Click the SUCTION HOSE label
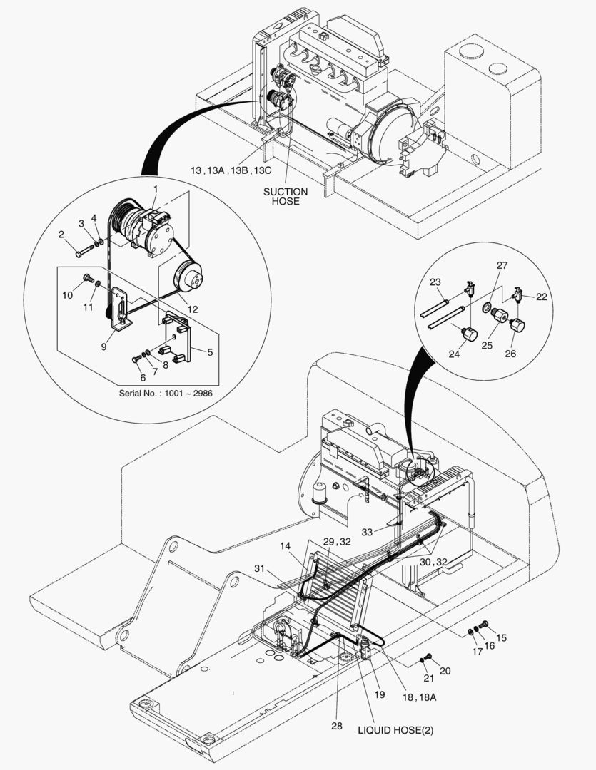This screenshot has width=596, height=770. tap(286, 196)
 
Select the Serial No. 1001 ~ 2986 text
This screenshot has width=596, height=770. tap(165, 392)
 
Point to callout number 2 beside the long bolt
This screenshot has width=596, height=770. tap(61, 234)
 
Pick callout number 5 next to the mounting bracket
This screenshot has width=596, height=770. tap(210, 351)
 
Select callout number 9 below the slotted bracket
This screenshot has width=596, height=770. tap(103, 346)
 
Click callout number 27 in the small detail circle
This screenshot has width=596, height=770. tap(502, 265)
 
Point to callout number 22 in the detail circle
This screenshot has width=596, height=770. tap(542, 297)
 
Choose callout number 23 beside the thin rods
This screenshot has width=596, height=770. tap(435, 282)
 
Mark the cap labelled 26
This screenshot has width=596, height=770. tap(516, 327)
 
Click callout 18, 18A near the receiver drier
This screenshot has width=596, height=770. tap(419, 697)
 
